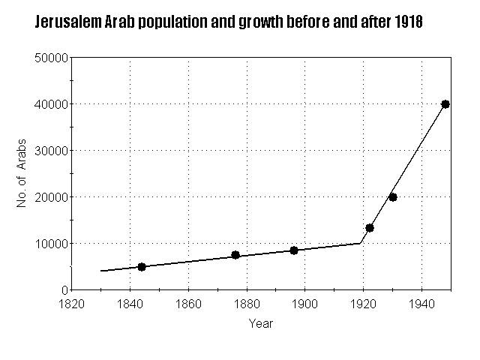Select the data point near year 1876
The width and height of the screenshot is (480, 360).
(235, 255)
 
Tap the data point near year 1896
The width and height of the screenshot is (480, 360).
(294, 250)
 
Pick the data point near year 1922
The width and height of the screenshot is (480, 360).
(370, 228)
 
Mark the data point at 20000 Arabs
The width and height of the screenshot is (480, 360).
(393, 197)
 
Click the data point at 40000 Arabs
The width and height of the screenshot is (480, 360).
(445, 104)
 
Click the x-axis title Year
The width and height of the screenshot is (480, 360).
(261, 324)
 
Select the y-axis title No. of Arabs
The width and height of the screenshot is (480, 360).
(23, 173)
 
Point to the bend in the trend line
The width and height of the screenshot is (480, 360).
(361, 242)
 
